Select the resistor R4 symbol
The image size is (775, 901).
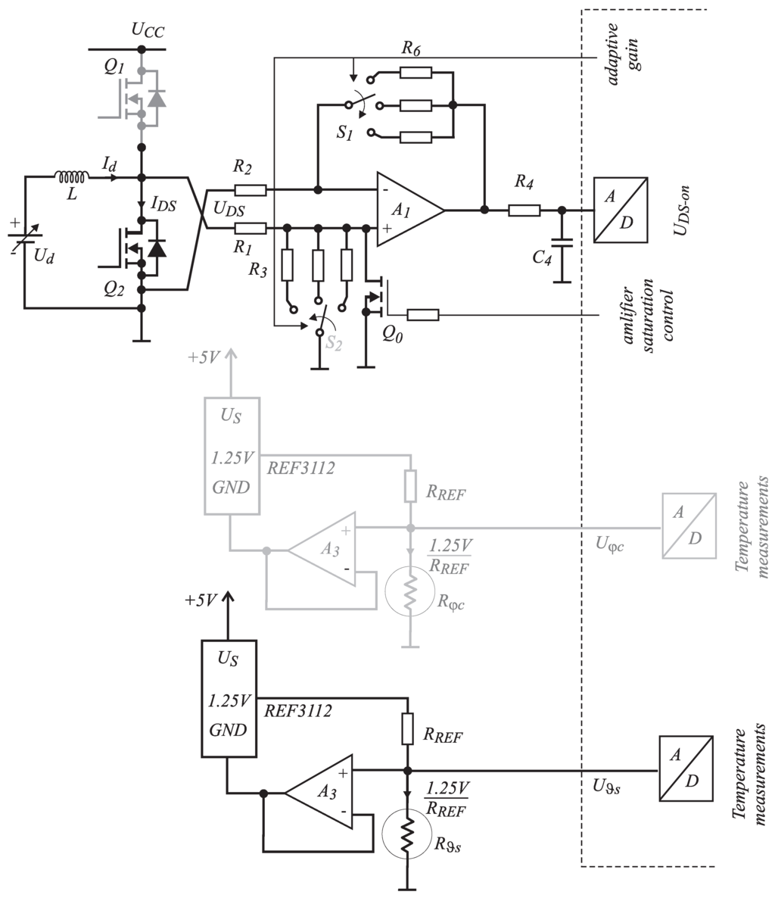(x=524, y=210)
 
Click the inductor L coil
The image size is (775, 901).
(x=72, y=176)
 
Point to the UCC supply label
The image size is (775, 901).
(x=148, y=30)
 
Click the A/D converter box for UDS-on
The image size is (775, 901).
(x=621, y=210)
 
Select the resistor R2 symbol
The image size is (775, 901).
(x=250, y=190)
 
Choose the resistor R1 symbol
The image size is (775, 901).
(x=250, y=228)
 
